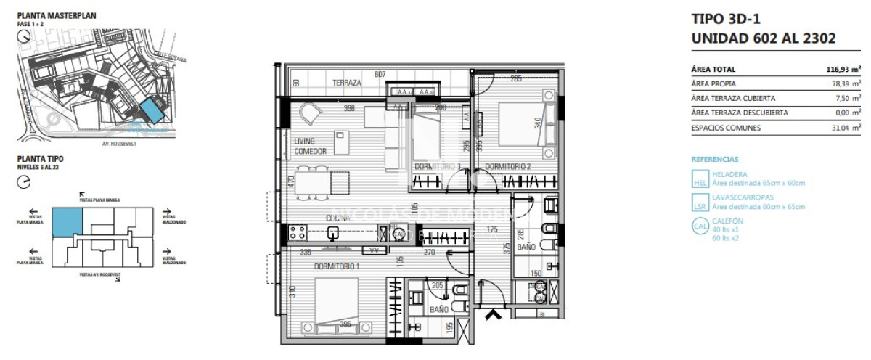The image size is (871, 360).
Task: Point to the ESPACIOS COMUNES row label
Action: pyautogui.click(x=727, y=128)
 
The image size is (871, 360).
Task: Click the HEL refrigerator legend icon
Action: pyautogui.click(x=700, y=179)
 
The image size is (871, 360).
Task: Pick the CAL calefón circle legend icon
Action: pyautogui.click(x=700, y=226)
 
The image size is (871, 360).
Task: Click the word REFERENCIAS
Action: pyautogui.click(x=715, y=159)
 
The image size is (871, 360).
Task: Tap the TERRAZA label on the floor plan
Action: pyautogui.click(x=347, y=83)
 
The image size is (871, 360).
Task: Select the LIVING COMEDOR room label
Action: pyautogui.click(x=311, y=146)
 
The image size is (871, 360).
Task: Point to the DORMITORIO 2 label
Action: pyautogui.click(x=508, y=167)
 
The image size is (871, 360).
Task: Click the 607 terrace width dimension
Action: pyautogui.click(x=380, y=74)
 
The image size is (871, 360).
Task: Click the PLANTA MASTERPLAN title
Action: pyautogui.click(x=57, y=15)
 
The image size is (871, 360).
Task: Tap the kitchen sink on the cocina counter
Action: pyautogui.click(x=333, y=233)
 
